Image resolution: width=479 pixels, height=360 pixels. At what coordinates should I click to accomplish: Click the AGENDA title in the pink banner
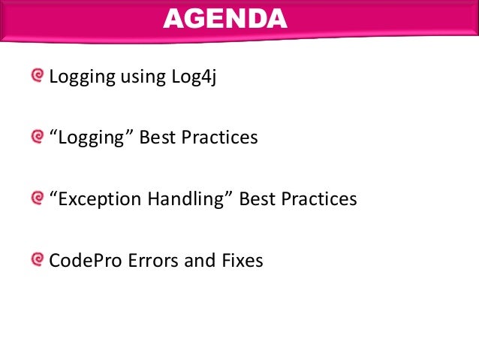(225, 18)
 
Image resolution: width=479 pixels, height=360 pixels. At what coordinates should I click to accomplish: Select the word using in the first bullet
(137, 77)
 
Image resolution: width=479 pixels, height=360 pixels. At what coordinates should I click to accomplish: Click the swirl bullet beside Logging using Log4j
(38, 77)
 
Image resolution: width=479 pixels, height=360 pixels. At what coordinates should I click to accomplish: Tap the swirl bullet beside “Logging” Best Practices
(38, 138)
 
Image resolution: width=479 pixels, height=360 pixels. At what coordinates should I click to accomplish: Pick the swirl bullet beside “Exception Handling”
(38, 198)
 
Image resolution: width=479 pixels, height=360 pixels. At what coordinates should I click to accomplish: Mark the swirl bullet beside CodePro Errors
(38, 260)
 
